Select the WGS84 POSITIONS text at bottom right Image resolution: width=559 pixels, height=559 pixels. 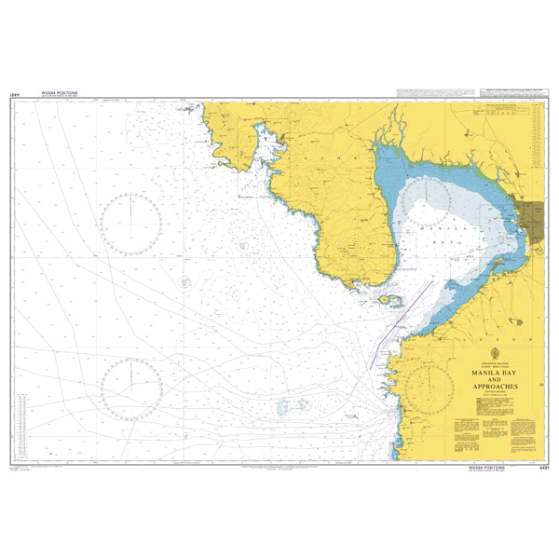(x=483, y=469)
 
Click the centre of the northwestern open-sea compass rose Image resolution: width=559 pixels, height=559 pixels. (x=132, y=224)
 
